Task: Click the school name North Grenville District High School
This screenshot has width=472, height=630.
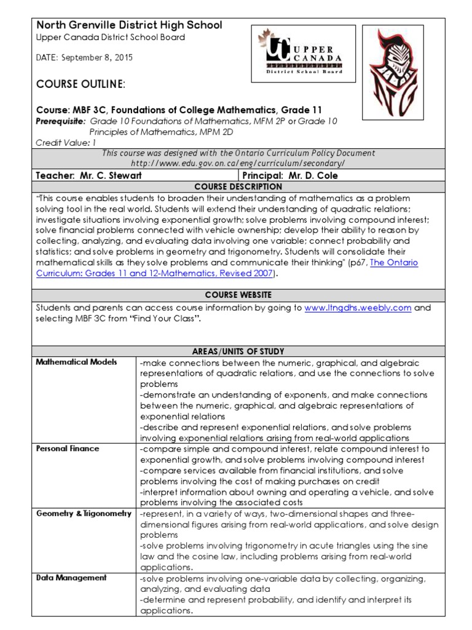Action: tap(129, 25)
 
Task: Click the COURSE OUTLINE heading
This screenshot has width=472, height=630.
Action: tap(81, 84)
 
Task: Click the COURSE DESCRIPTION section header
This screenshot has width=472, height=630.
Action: tap(238, 186)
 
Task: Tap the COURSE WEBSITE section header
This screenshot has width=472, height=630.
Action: tap(238, 295)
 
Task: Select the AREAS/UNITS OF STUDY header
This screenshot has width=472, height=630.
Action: tap(238, 351)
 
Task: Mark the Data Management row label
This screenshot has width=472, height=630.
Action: tap(71, 578)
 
